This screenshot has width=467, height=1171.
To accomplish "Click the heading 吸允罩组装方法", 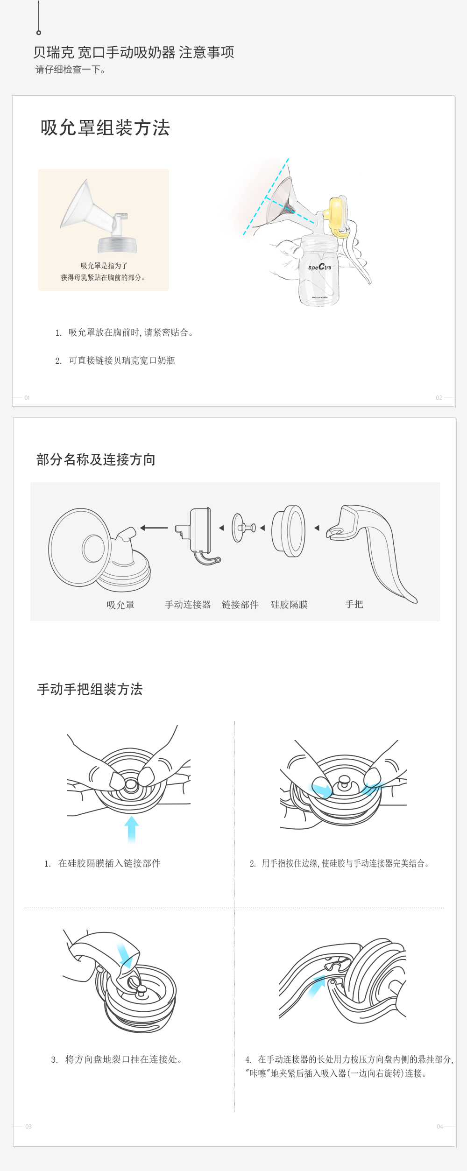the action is [x=105, y=128].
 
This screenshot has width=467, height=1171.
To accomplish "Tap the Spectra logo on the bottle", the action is [x=320, y=267].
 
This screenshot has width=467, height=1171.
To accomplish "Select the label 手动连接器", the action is [x=188, y=605].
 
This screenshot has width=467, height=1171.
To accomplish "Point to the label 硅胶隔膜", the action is [x=289, y=605].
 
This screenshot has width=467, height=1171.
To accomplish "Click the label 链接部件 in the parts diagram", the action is [x=240, y=605].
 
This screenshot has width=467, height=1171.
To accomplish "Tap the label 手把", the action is [x=354, y=604].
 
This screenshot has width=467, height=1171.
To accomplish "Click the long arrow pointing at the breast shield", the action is [x=154, y=528].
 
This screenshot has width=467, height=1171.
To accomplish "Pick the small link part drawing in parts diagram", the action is [x=243, y=528].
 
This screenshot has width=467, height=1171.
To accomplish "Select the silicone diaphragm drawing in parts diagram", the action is [x=289, y=531].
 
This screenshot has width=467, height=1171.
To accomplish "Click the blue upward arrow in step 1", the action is [x=132, y=829].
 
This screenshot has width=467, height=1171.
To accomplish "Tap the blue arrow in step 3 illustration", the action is [x=125, y=954].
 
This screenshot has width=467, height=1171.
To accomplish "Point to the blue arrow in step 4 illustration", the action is [x=316, y=987].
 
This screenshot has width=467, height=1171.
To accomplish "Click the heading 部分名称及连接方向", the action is [x=96, y=459].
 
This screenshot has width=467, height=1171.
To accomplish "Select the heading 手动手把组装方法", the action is [x=90, y=689].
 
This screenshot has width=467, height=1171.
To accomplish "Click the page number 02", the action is [x=439, y=398].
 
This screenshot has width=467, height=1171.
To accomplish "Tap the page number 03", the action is [x=28, y=1127].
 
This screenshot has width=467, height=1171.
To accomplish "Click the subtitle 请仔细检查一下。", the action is [x=71, y=70].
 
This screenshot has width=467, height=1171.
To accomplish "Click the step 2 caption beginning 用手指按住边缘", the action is [x=340, y=863].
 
